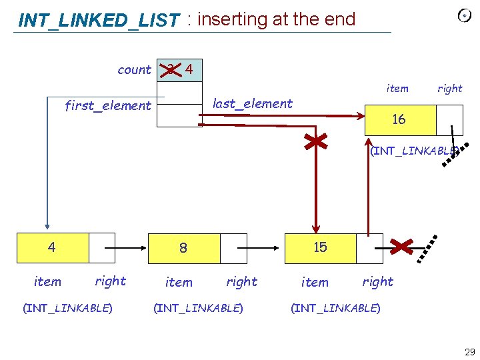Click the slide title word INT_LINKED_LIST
pyautogui.click(x=99, y=21)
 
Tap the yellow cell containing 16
pyautogui.click(x=399, y=120)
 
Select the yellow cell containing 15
pyautogui.click(x=320, y=247)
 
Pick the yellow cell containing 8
pyautogui.click(x=183, y=248)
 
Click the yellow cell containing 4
pyautogui.click(x=51, y=247)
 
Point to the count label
pyautogui.click(x=134, y=70)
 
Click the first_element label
pyautogui.click(x=107, y=105)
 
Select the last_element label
pyautogui.click(x=252, y=103)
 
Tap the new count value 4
pyautogui.click(x=189, y=69)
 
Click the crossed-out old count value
pyautogui.click(x=171, y=69)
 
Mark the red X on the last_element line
pyautogui.click(x=315, y=143)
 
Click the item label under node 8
pyautogui.click(x=178, y=282)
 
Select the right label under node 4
pyautogui.click(x=110, y=281)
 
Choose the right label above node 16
pyautogui.click(x=449, y=88)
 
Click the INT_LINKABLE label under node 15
pyautogui.click(x=335, y=308)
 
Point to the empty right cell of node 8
pyautogui.click(x=233, y=247)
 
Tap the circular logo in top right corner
pyautogui.click(x=465, y=15)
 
